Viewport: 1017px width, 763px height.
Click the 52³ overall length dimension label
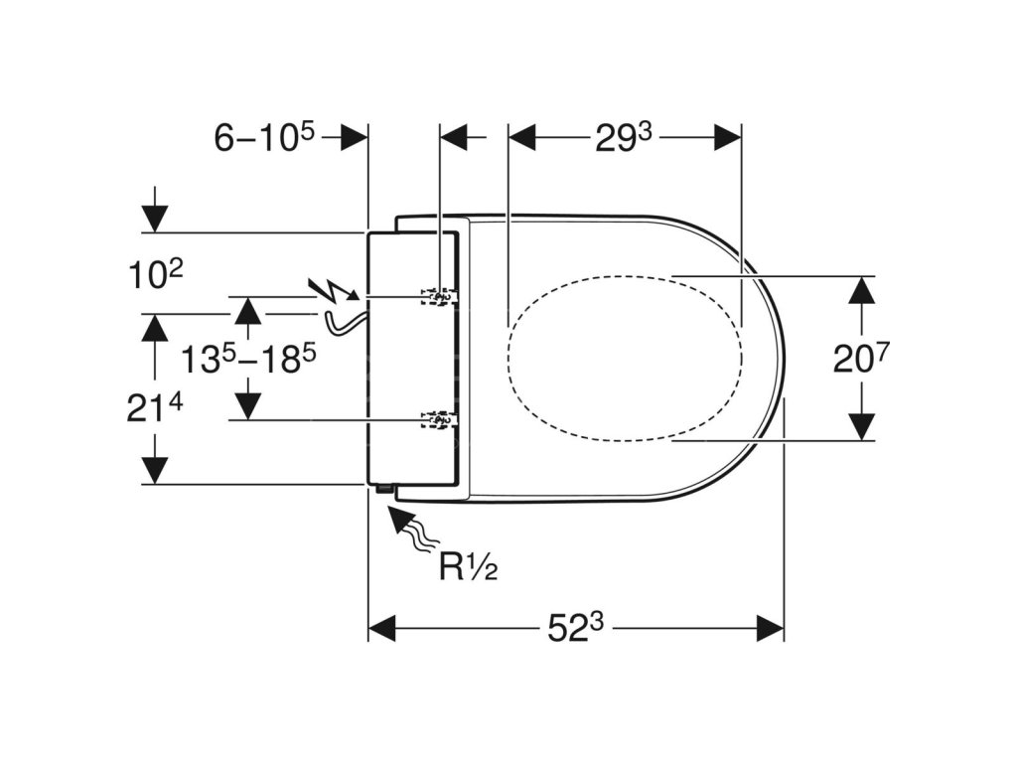(x=577, y=627)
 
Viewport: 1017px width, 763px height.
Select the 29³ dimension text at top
(x=624, y=138)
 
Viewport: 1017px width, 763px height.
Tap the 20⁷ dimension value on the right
(x=859, y=358)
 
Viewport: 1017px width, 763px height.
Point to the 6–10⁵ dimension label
(x=264, y=138)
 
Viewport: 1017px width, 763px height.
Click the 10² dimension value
(x=155, y=274)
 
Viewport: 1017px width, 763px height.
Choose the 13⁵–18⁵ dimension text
(x=241, y=359)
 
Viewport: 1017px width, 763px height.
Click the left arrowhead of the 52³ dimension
(x=382, y=628)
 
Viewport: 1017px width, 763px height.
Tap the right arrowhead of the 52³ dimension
(x=770, y=628)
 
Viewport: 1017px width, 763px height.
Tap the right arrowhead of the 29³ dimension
(x=728, y=138)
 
